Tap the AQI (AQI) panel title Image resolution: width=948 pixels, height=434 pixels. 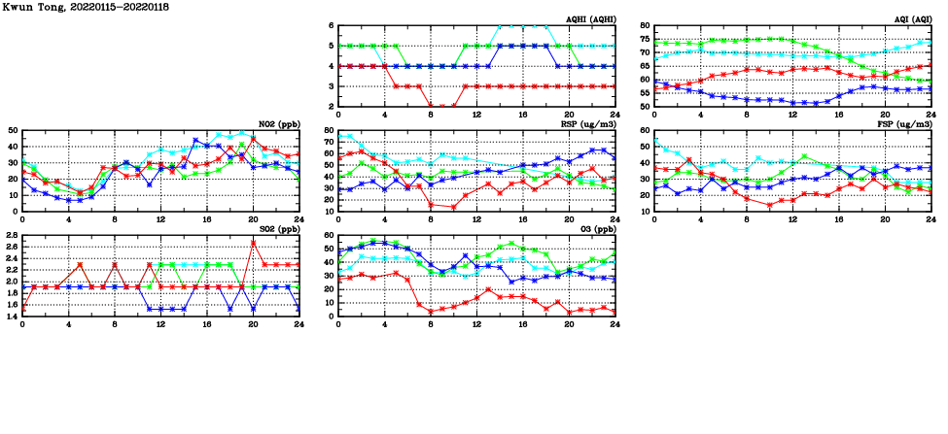pyautogui.click(x=909, y=19)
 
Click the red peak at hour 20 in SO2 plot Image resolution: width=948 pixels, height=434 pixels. pyautogui.click(x=253, y=242)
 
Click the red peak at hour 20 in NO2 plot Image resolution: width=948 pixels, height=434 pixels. pyautogui.click(x=253, y=139)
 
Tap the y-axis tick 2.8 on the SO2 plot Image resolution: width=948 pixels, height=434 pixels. pyautogui.click(x=12, y=235)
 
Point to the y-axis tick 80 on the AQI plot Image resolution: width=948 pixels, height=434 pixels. pyautogui.click(x=644, y=25)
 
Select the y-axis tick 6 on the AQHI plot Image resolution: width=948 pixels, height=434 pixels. pyautogui.click(x=331, y=25)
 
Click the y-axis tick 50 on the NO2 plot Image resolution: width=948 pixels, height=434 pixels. pyautogui.click(x=13, y=130)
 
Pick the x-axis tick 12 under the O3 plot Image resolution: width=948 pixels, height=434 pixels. pyautogui.click(x=476, y=322)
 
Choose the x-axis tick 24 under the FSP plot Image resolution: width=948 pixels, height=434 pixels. pyautogui.click(x=930, y=217)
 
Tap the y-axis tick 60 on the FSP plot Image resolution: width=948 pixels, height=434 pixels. pyautogui.click(x=644, y=130)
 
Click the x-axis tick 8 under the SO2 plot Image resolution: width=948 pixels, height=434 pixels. pyautogui.click(x=115, y=322)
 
